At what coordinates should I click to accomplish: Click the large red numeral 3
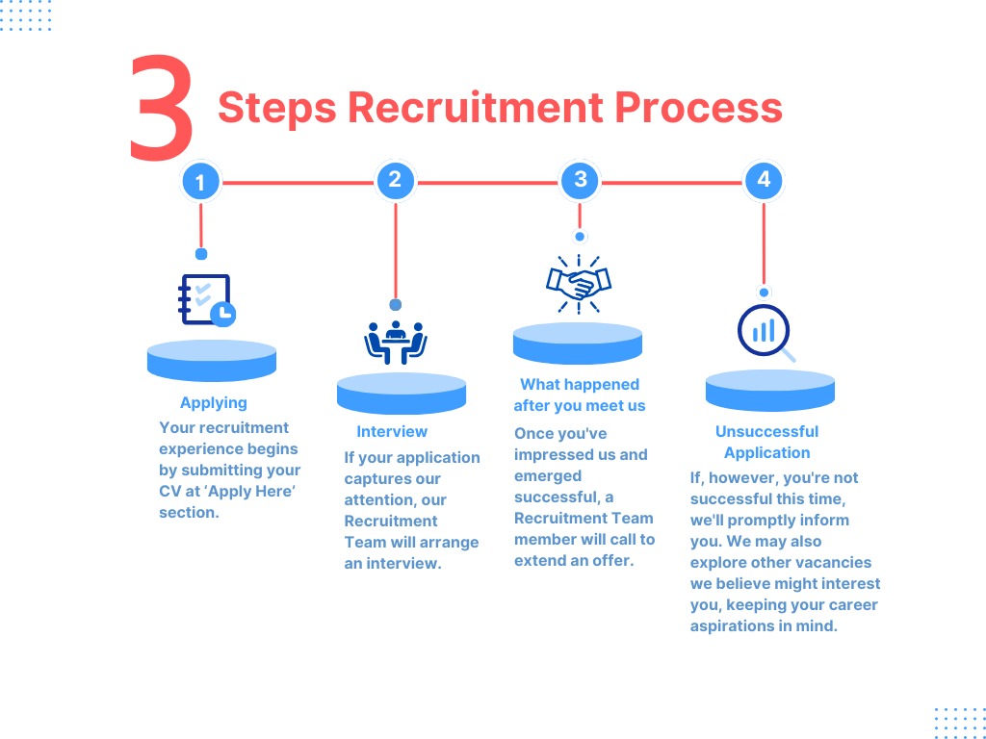(x=162, y=108)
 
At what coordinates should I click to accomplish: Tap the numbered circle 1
(x=200, y=182)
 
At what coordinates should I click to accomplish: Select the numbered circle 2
(x=395, y=180)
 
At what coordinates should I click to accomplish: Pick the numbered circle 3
(x=580, y=180)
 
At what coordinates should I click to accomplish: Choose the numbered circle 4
(x=764, y=180)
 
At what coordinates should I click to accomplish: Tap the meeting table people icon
(x=396, y=342)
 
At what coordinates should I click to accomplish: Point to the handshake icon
(x=579, y=283)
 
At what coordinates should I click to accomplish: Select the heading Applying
(x=214, y=403)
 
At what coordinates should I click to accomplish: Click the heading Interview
(x=392, y=432)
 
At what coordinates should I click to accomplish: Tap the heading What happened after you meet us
(x=580, y=395)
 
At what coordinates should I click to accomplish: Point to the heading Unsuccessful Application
(x=767, y=443)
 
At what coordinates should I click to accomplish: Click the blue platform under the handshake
(x=578, y=344)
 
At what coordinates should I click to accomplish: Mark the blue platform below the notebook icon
(x=212, y=360)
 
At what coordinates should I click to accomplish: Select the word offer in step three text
(x=612, y=560)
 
